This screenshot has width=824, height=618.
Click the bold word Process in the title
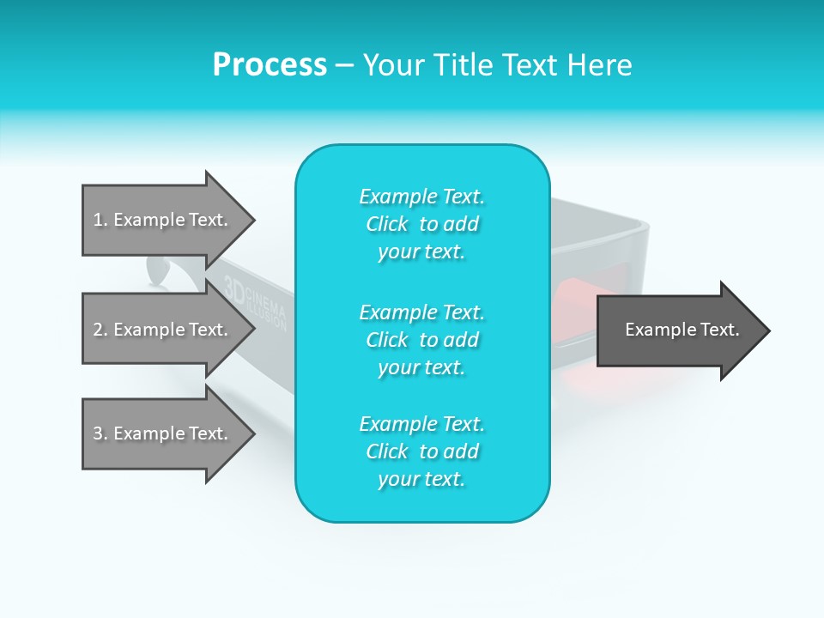(270, 65)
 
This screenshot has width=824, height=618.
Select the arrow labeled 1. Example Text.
(163, 220)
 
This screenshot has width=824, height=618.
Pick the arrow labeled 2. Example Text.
(163, 330)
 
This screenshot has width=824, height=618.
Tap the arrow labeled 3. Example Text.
(163, 433)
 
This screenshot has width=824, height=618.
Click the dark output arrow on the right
(678, 330)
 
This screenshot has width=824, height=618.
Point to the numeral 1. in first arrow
(100, 220)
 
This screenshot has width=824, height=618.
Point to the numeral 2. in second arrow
(100, 330)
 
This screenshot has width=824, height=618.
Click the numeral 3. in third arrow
(100, 433)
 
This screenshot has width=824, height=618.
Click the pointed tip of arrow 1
(253, 220)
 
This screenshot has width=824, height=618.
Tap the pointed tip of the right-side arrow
(768, 330)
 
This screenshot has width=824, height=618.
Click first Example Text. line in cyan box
(421, 197)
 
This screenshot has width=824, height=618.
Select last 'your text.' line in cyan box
(421, 479)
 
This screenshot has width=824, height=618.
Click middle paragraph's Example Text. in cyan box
(421, 312)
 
